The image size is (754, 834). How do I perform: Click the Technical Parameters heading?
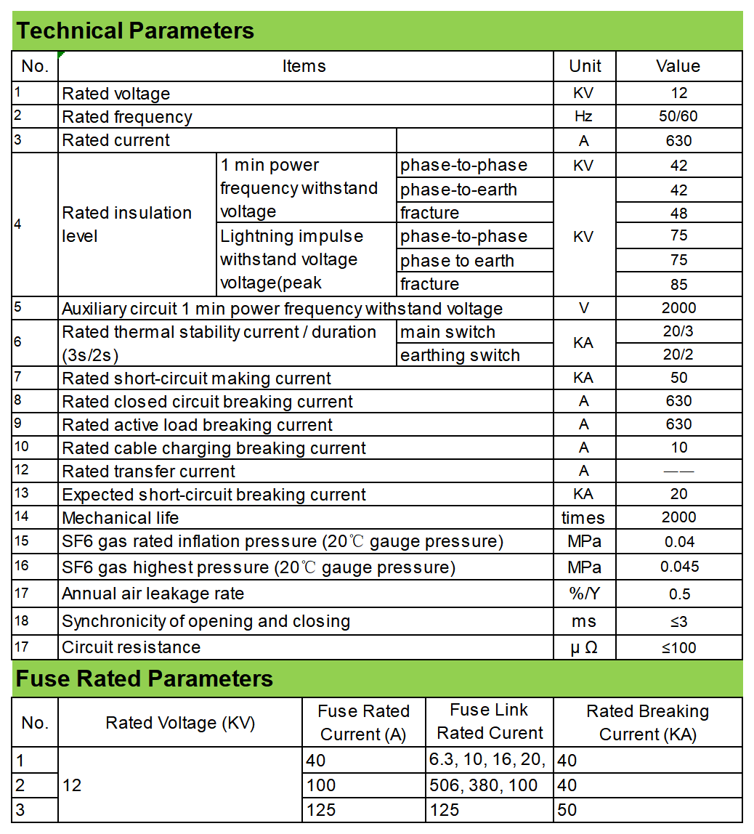(135, 31)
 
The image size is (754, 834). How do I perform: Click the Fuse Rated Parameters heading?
(145, 679)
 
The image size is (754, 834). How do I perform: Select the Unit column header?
(585, 66)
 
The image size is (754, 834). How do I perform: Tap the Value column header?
(678, 66)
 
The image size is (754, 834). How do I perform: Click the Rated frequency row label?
(127, 117)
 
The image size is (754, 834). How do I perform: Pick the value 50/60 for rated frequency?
(678, 116)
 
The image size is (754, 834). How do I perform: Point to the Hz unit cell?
(584, 116)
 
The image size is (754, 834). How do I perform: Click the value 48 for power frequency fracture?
(678, 214)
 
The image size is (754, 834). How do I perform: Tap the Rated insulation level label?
(127, 224)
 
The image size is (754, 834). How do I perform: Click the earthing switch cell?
(460, 355)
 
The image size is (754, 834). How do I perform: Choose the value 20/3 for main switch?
(678, 331)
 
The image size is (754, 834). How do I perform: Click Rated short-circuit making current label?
(196, 378)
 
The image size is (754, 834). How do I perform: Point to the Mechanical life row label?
(120, 518)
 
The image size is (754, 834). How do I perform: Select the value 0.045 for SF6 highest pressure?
(679, 567)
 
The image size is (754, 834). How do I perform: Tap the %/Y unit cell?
(585, 594)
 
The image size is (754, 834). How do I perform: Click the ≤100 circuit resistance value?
(678, 647)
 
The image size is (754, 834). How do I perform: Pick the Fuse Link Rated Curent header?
(490, 721)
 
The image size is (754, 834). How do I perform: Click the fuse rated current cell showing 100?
(321, 785)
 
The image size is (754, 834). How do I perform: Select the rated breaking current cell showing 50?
(567, 809)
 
